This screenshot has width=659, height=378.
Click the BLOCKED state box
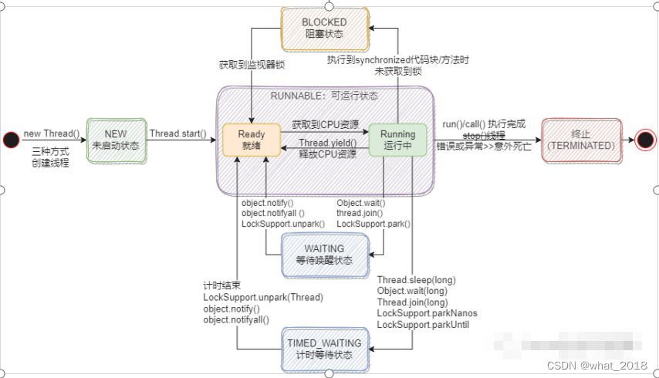324,28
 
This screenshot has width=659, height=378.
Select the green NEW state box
115,139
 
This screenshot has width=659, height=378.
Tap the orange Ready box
251,140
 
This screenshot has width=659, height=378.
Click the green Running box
397,140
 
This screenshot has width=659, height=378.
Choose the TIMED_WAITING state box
324,349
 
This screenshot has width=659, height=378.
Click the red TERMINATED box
581,140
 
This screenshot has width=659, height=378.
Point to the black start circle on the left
11,140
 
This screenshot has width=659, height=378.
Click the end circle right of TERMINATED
646,140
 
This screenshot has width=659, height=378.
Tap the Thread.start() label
177,133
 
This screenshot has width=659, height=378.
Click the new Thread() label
51,133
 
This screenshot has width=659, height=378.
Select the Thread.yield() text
327,143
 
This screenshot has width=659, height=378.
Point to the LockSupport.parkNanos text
427,313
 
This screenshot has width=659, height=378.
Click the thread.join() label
360,213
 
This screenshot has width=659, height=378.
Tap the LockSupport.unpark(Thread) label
262,297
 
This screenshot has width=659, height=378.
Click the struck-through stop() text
479,135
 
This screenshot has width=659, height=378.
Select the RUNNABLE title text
324,95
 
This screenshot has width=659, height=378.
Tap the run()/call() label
483,124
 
